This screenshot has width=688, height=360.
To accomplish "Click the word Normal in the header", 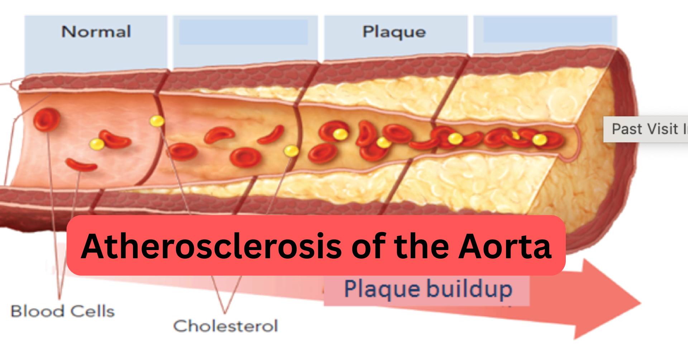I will pyautogui.click(x=96, y=32).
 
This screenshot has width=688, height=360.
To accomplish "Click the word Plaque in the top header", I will pyautogui.click(x=394, y=32).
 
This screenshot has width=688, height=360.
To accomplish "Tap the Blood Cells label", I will pyautogui.click(x=63, y=311).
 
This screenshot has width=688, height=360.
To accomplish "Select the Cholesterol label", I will pyautogui.click(x=225, y=326).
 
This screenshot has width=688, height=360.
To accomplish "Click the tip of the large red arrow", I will pyautogui.click(x=640, y=303).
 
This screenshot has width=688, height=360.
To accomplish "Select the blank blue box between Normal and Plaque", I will pyautogui.click(x=243, y=32).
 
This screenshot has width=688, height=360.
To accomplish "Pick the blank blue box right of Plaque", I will pyautogui.click(x=547, y=30).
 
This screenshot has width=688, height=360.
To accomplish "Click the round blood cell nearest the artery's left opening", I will pyautogui.click(x=47, y=120).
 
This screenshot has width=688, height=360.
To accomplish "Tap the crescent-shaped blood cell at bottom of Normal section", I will pyautogui.click(x=81, y=165).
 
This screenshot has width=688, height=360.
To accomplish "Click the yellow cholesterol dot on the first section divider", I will pyautogui.click(x=157, y=121).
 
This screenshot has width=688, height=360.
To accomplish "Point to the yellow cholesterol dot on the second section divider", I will pyautogui.click(x=291, y=151).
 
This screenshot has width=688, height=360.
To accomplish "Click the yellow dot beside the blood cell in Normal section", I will pyautogui.click(x=97, y=144).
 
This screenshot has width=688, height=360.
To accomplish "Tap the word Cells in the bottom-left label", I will pyautogui.click(x=92, y=311).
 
